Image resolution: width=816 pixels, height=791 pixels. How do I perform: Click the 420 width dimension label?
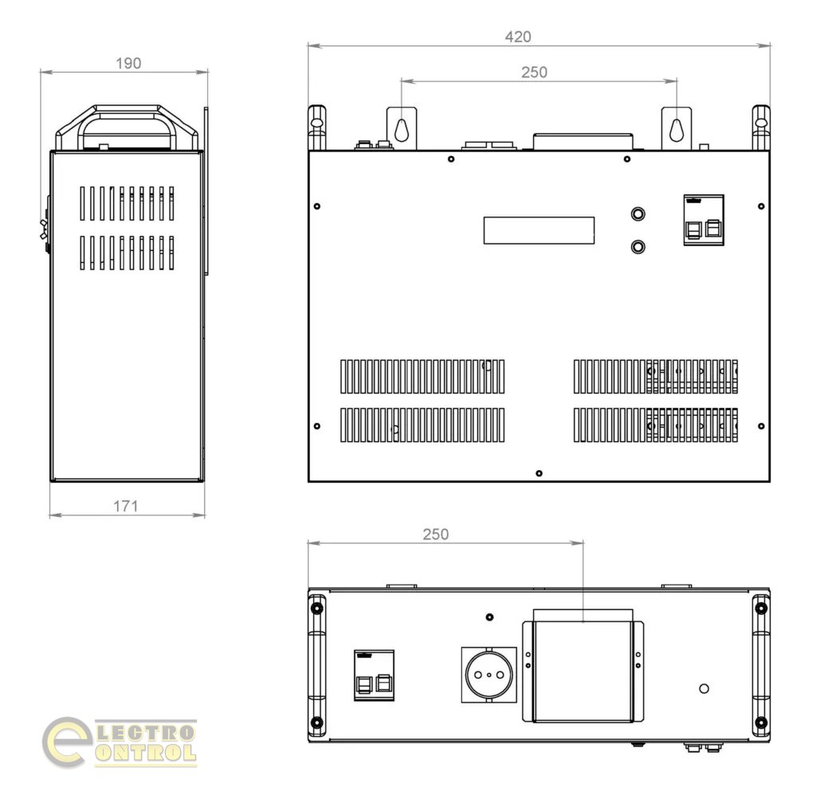point(518,37)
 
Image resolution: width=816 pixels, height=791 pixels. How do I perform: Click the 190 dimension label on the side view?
point(128,64)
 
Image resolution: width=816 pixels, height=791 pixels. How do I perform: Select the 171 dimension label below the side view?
point(126,506)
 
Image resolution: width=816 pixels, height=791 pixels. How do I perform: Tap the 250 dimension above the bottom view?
point(436,535)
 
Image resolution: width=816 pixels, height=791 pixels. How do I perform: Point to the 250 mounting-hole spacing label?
point(534,72)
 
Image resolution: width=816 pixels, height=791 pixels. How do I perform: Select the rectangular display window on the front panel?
point(539,230)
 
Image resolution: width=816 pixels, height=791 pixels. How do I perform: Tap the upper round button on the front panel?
point(637,213)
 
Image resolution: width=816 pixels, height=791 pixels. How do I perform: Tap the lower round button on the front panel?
point(637,246)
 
